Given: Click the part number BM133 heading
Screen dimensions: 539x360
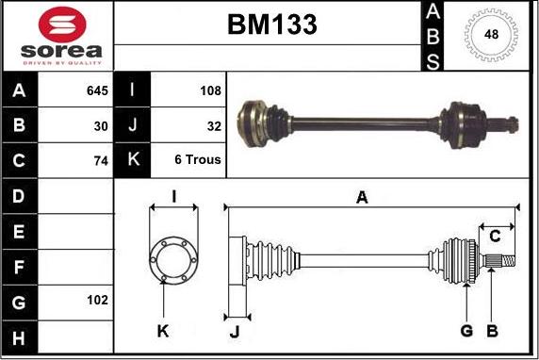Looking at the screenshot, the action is (272, 25).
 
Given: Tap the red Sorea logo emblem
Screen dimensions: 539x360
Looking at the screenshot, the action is (62, 25).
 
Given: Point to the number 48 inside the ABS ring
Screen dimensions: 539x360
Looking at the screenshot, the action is (491, 34).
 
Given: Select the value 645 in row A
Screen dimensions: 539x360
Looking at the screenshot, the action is (97, 90).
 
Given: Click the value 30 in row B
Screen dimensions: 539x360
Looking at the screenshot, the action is (101, 126).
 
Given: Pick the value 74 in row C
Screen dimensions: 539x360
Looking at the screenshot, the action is (101, 161).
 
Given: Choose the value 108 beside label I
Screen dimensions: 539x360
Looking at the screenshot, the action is (210, 90).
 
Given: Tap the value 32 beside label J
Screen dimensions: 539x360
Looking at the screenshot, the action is (214, 126).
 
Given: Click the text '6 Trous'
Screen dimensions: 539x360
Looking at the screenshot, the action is (198, 159).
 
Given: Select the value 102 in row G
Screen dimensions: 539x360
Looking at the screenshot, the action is (97, 301).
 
